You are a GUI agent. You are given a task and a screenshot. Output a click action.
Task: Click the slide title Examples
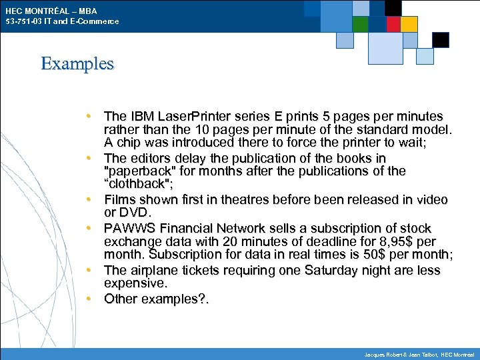77,64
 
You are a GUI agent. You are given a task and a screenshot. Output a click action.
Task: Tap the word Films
120,199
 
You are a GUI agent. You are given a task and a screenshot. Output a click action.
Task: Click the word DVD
133,212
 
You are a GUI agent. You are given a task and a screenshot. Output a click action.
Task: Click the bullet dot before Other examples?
88,298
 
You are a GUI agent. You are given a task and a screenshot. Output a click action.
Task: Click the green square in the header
361,24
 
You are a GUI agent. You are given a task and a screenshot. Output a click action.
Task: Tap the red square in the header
393,24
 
